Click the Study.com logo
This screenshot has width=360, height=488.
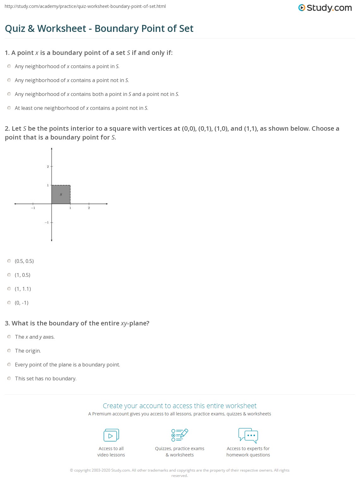click(x=325, y=8)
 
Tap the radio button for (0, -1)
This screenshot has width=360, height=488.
click(x=9, y=303)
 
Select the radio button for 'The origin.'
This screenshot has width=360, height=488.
click(x=9, y=351)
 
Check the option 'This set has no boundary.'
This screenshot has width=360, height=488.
click(x=9, y=378)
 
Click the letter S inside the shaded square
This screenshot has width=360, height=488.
click(x=61, y=194)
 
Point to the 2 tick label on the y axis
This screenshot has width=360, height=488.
click(x=48, y=166)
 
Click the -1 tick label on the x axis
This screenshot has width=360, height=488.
click(x=33, y=208)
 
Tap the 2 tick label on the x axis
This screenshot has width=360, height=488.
click(x=89, y=208)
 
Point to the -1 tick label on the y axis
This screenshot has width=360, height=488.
click(x=47, y=223)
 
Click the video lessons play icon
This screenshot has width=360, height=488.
click(x=111, y=435)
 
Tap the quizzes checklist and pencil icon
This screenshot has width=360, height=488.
click(x=180, y=435)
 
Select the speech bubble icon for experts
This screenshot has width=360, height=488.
click(x=248, y=435)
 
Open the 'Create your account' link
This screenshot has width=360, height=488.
click(x=180, y=406)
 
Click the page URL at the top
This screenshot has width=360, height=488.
click(x=85, y=6)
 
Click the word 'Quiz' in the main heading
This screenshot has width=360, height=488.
click(x=15, y=28)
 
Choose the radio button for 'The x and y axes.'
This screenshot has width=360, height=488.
click(x=9, y=337)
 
